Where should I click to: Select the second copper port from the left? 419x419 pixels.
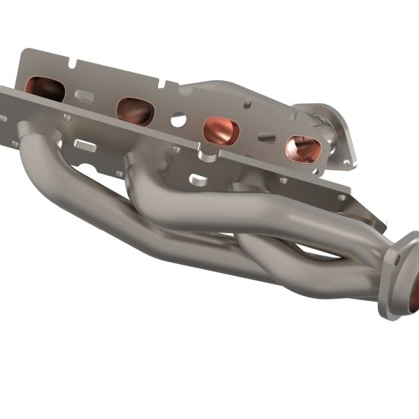pos(135,110)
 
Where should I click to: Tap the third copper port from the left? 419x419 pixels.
pos(221,131)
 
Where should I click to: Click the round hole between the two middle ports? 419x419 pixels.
pos(178,120)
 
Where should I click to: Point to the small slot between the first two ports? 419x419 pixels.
pos(85,96)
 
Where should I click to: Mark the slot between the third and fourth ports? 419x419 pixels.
pos(266,138)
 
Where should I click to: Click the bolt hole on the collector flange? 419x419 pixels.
pos(397,259)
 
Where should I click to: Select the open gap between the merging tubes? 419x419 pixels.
pos(307,249)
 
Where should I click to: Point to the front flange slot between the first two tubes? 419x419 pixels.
pos(85,145)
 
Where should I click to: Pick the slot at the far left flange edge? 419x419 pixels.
pos(13,143)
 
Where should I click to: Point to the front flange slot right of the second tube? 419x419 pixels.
pos(198,179)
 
